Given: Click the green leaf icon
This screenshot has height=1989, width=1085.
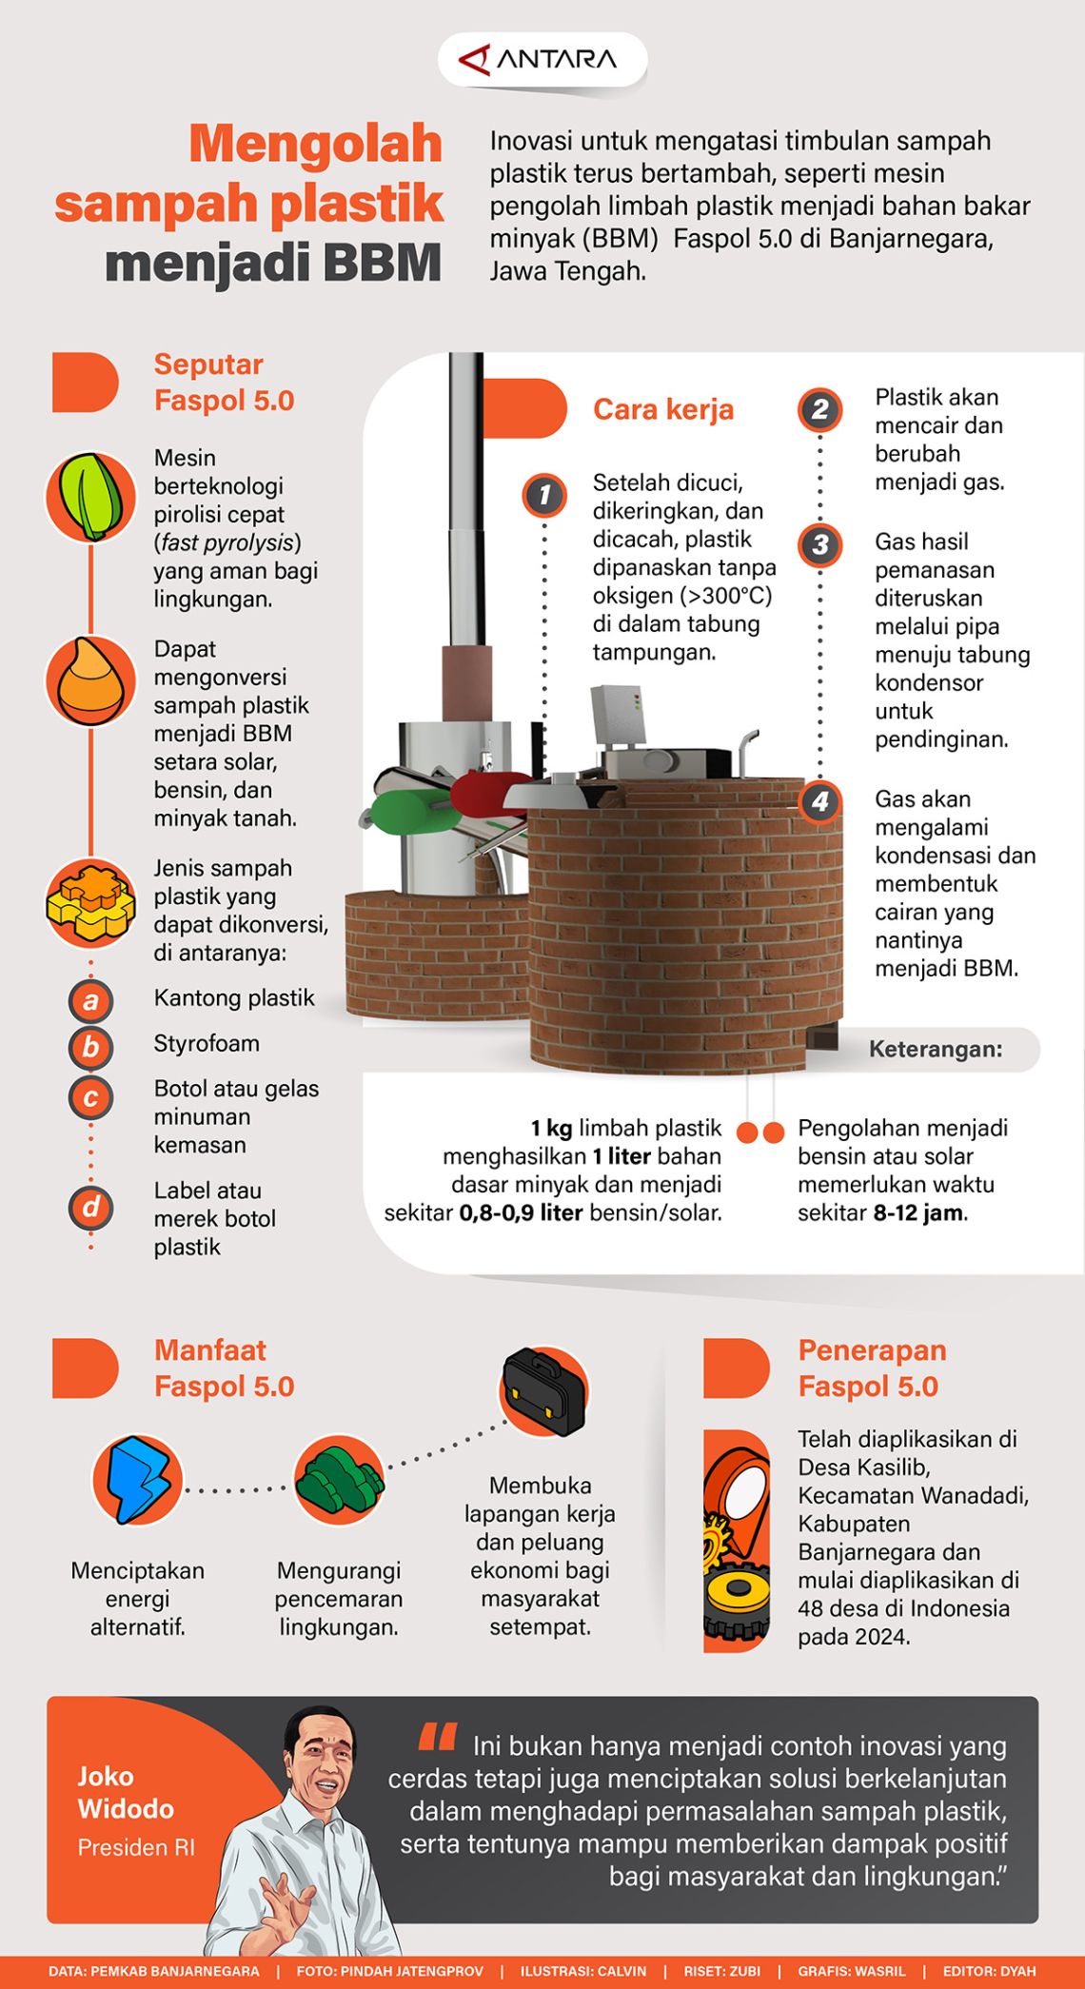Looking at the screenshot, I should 91,497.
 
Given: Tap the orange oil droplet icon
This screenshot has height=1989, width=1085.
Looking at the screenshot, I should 91,679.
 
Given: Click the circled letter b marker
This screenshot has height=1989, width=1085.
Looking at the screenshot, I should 90,1047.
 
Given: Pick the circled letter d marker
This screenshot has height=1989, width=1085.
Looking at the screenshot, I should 90,1207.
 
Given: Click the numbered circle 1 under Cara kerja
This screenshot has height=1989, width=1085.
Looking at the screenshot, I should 544,495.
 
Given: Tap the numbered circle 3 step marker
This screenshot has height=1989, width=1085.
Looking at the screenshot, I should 819,545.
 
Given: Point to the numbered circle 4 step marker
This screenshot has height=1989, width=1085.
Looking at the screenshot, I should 819,801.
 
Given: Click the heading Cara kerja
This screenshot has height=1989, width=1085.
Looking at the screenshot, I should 663,409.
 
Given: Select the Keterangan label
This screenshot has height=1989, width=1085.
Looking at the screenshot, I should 935,1049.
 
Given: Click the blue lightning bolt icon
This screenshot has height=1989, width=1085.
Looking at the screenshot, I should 138,1480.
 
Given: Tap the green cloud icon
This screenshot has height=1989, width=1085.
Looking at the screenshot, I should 339,1480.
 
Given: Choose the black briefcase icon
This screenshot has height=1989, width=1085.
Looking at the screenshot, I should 543,1391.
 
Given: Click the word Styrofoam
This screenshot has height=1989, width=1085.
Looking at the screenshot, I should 207,1043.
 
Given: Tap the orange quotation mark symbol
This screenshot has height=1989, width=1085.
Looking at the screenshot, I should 437,1738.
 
